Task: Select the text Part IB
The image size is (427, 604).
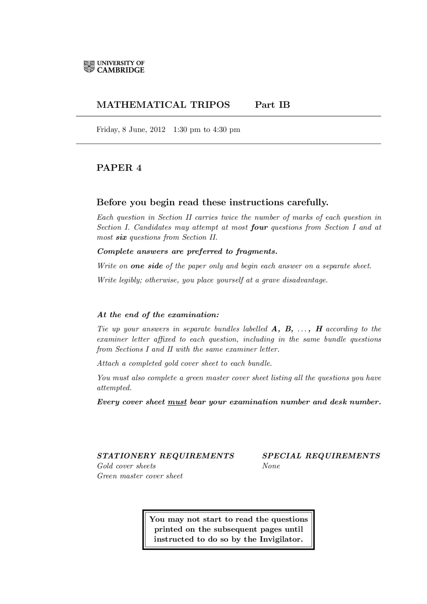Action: (272, 105)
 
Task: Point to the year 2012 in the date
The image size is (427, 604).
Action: (157, 129)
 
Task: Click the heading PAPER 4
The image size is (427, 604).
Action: (119, 168)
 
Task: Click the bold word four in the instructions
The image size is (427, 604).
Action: (259, 227)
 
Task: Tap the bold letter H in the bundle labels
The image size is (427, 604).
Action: (319, 329)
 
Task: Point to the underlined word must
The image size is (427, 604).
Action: (177, 402)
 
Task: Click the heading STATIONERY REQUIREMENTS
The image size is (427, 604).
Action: (165, 456)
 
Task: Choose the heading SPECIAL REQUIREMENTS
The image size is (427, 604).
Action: (321, 456)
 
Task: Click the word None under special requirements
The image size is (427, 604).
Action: (271, 466)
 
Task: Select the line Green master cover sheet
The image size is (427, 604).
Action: (140, 476)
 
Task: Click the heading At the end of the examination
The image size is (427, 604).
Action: (158, 315)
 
